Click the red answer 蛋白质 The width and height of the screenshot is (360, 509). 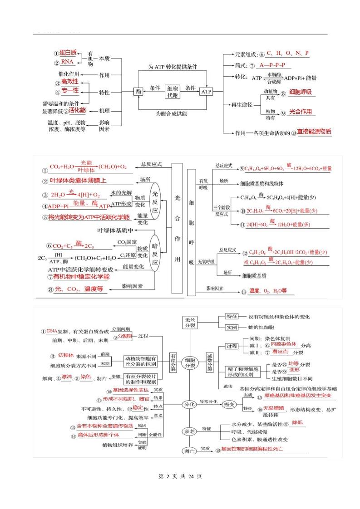(68, 53)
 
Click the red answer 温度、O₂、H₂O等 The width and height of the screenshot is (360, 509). (268, 291)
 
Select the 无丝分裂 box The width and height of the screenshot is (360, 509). (190, 322)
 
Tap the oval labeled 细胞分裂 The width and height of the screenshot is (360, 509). (191, 362)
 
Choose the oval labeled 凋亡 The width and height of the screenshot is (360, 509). (189, 451)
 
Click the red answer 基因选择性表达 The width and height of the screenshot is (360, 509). (131, 390)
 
